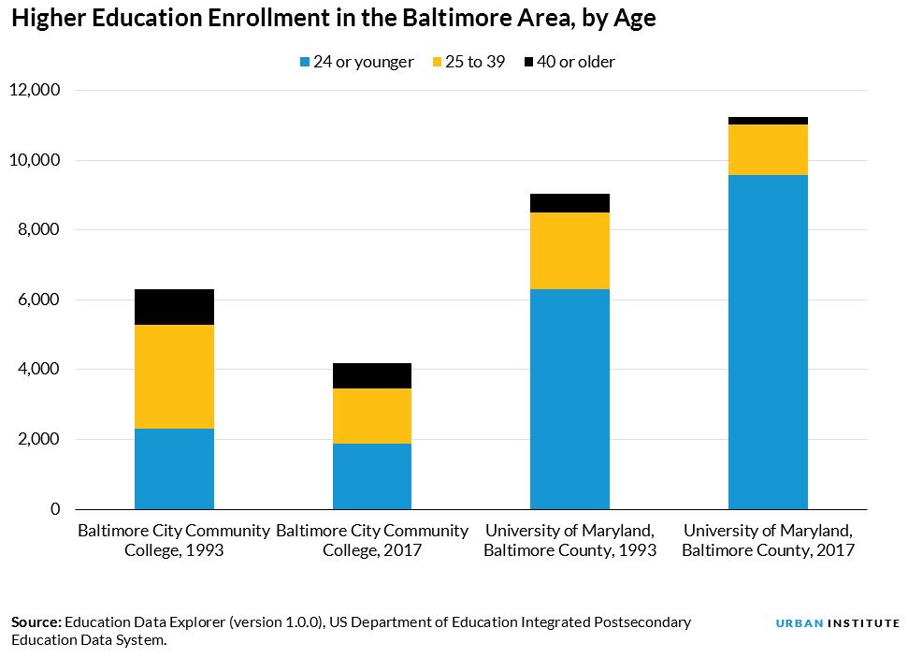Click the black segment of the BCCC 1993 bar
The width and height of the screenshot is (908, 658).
pos(174,307)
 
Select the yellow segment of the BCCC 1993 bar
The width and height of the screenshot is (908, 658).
pos(174,377)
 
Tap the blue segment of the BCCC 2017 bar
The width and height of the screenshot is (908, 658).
pos(372,476)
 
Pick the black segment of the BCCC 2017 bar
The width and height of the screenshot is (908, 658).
pos(372,375)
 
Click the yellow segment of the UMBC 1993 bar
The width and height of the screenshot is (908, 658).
pos(569,251)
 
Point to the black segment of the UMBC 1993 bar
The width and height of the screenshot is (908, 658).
pos(569,203)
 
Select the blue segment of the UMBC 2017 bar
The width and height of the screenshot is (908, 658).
pos(768,342)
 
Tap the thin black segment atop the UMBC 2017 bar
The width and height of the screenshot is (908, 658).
pos(768,121)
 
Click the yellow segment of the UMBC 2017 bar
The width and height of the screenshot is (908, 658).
pos(768,150)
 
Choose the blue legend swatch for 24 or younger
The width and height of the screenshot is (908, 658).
pos(305,62)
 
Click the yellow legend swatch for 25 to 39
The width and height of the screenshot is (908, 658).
pos(438,62)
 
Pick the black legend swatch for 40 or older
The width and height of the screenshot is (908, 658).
pos(528,62)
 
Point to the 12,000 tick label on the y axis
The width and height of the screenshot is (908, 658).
pos(35,90)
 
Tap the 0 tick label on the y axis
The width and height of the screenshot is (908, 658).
pos(55,509)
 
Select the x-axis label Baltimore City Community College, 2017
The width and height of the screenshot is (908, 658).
pos(372,540)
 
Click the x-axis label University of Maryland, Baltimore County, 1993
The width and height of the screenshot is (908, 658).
pos(569,540)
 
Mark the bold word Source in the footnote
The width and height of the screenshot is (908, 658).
pos(36,622)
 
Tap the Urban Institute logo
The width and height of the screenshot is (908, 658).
pos(837,623)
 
